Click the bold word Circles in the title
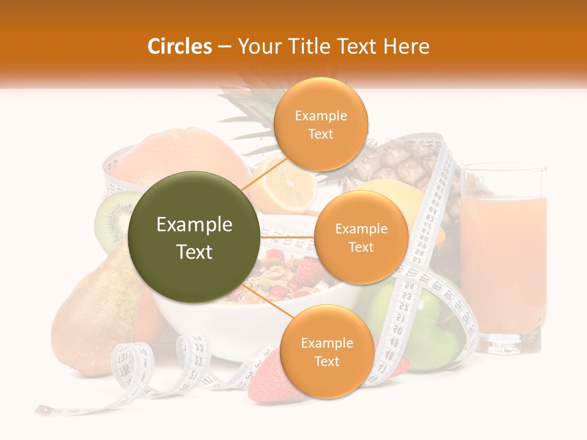click(180, 46)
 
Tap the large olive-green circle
click(194, 237)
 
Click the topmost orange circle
click(320, 125)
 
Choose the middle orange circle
click(361, 238)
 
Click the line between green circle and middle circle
click(287, 237)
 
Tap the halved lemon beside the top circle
click(284, 183)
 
